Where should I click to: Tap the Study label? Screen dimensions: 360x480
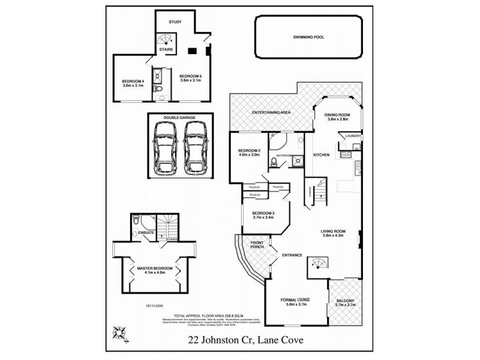(x=175, y=22)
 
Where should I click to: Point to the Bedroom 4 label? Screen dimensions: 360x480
(x=133, y=81)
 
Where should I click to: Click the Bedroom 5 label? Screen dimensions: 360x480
(x=191, y=76)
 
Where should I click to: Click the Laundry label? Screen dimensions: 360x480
(x=352, y=136)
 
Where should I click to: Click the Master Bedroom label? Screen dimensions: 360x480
(x=155, y=268)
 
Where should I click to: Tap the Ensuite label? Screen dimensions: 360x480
(x=147, y=232)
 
